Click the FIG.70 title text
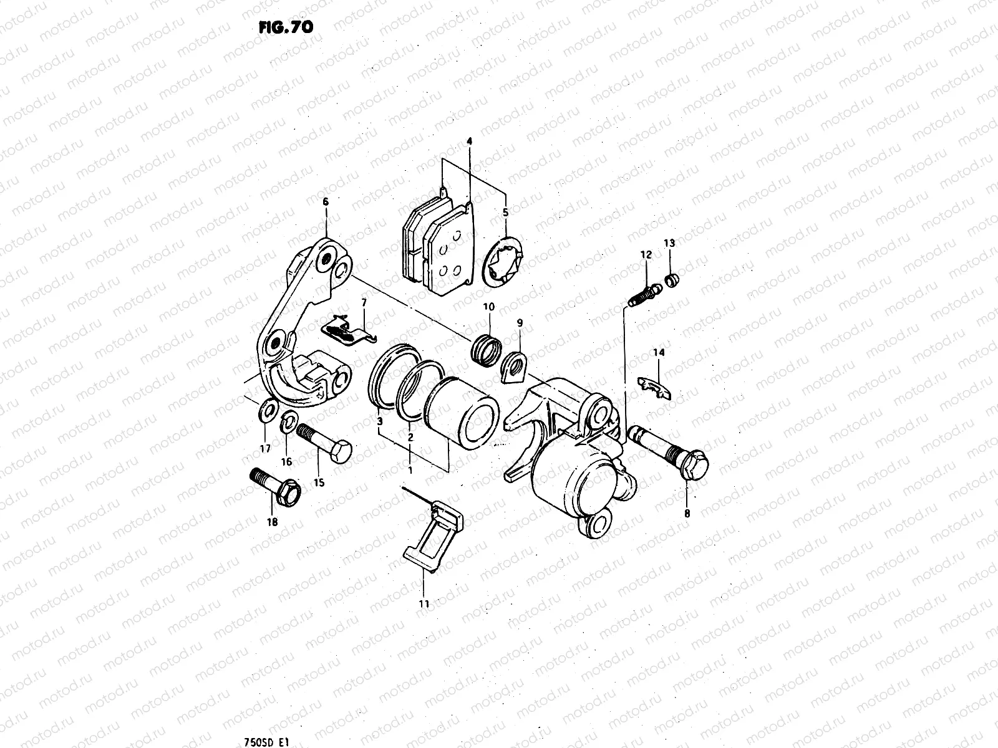pos(286,27)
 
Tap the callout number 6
pos(325,201)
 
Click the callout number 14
pos(659,353)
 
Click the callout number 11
pos(424,603)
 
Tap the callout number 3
pos(379,422)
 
